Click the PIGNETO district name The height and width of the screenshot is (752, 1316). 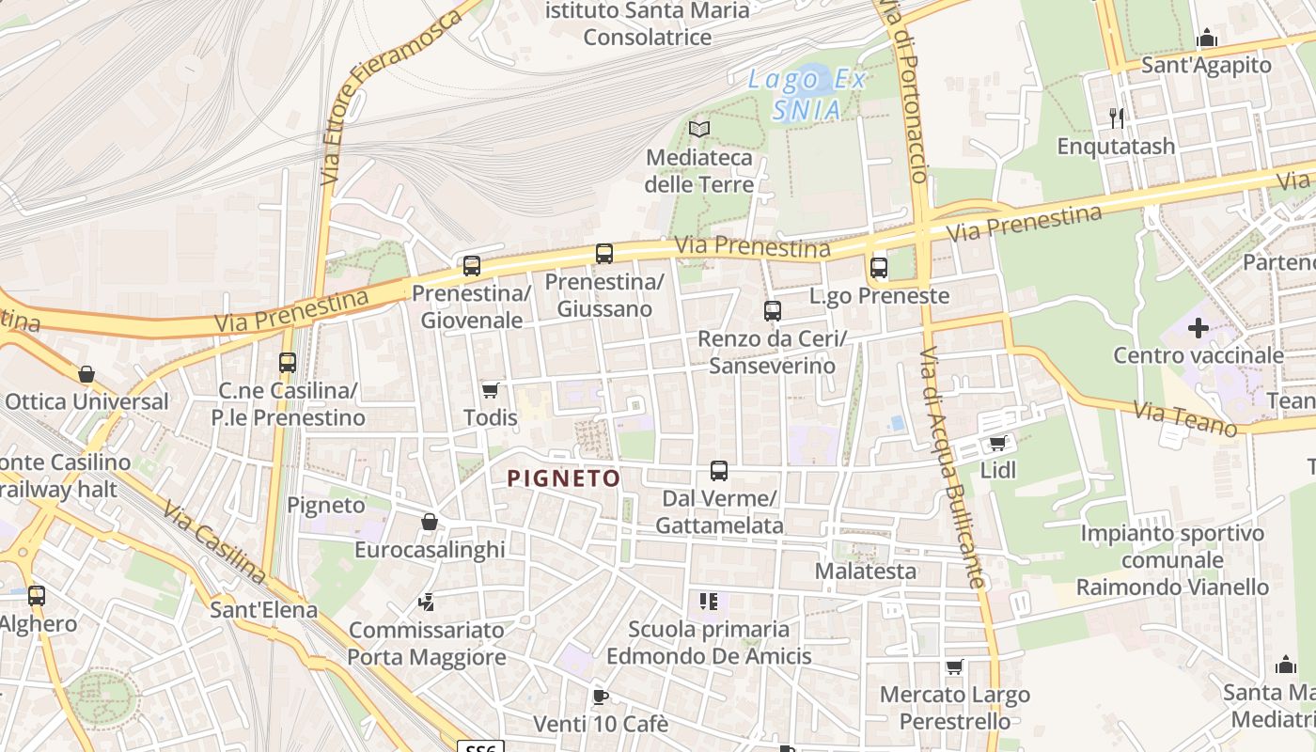tap(564, 478)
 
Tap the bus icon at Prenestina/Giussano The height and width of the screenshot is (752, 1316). tap(604, 253)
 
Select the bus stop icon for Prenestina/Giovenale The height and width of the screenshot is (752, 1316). tap(472, 265)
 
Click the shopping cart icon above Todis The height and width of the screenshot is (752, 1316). tap(490, 389)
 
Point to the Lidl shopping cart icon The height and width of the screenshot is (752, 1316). tap(998, 442)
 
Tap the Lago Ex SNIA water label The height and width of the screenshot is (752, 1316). tap(807, 94)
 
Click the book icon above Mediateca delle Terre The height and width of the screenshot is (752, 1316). tap(699, 129)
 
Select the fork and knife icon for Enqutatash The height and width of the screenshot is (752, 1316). tap(1117, 117)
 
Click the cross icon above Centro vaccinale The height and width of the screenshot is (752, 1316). tap(1198, 328)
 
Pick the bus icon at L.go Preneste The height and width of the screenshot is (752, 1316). tap(879, 267)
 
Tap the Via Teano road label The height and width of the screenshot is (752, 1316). tap(1185, 419)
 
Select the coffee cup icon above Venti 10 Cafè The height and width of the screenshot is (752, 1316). tap(601, 697)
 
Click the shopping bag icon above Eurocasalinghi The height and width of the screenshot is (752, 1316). tap(430, 522)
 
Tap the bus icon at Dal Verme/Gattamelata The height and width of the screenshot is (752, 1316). tap(719, 470)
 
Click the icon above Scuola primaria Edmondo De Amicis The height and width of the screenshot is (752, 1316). tap(709, 601)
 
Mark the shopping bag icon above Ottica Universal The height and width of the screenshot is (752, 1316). tap(86, 374)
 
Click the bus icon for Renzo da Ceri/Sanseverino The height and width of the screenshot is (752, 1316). tap(773, 310)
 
